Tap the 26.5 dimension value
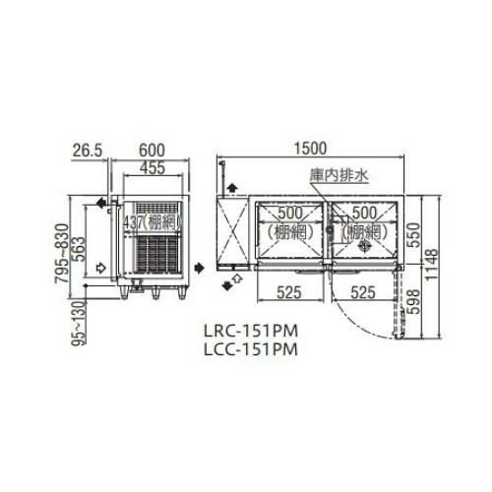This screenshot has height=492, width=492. (x=88, y=150)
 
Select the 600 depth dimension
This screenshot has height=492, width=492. (x=151, y=150)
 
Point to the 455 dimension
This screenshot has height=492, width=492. (x=151, y=168)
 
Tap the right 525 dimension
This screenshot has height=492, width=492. (x=362, y=291)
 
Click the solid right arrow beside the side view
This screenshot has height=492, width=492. (x=200, y=266)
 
